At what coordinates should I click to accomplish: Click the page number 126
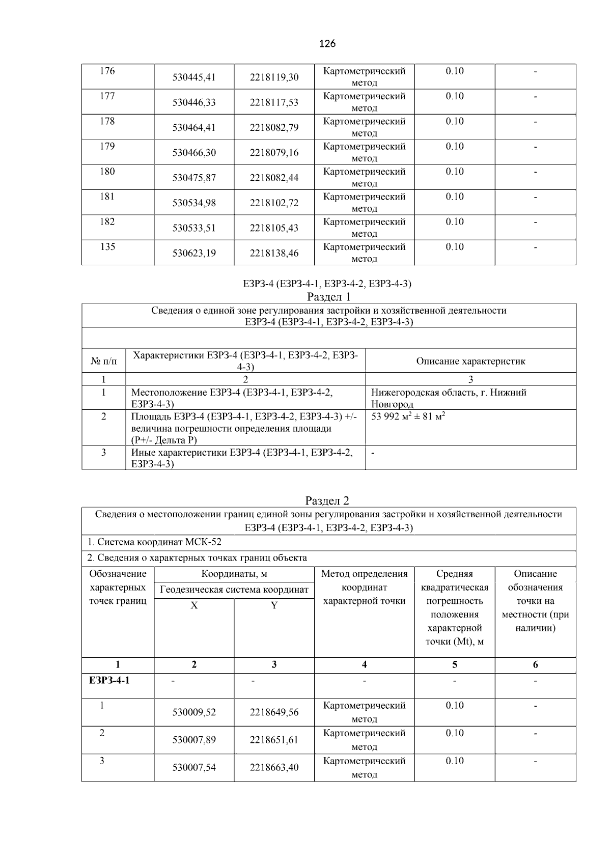click(327, 44)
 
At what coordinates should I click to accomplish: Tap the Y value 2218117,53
click(274, 102)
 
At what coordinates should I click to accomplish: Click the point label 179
click(107, 147)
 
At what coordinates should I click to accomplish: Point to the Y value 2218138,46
click(274, 253)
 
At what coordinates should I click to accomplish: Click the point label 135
click(107, 247)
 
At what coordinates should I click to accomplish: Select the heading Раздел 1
click(328, 296)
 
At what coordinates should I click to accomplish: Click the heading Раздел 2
click(327, 500)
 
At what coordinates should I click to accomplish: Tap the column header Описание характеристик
click(470, 361)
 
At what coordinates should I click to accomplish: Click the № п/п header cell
click(103, 361)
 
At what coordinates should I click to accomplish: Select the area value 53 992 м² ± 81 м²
click(408, 416)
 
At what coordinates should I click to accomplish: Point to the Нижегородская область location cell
click(449, 398)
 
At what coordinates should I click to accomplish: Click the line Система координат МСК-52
click(154, 542)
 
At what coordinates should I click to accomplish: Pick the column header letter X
click(194, 605)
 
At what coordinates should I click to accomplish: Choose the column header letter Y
click(274, 605)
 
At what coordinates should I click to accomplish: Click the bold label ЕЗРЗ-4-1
click(109, 680)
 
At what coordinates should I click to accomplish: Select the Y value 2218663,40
click(274, 767)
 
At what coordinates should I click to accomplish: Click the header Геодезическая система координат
click(234, 590)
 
